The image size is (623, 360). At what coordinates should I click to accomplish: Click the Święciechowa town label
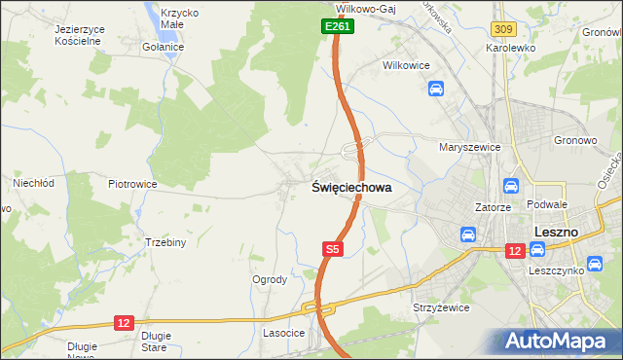[x=351, y=190]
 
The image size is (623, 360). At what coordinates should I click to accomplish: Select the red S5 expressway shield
[x=333, y=250]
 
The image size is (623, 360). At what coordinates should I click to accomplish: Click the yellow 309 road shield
[x=502, y=31]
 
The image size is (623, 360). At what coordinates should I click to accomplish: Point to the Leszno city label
[x=557, y=233]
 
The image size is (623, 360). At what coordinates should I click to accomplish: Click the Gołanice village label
[x=163, y=48]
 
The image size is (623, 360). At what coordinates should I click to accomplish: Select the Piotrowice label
[x=132, y=183]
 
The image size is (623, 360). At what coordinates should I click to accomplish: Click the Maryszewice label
[x=469, y=147]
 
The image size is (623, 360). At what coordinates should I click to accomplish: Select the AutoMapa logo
[x=558, y=340]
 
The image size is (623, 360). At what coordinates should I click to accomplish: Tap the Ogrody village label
[x=270, y=280]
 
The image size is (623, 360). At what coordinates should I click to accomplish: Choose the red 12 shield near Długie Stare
[x=124, y=322]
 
